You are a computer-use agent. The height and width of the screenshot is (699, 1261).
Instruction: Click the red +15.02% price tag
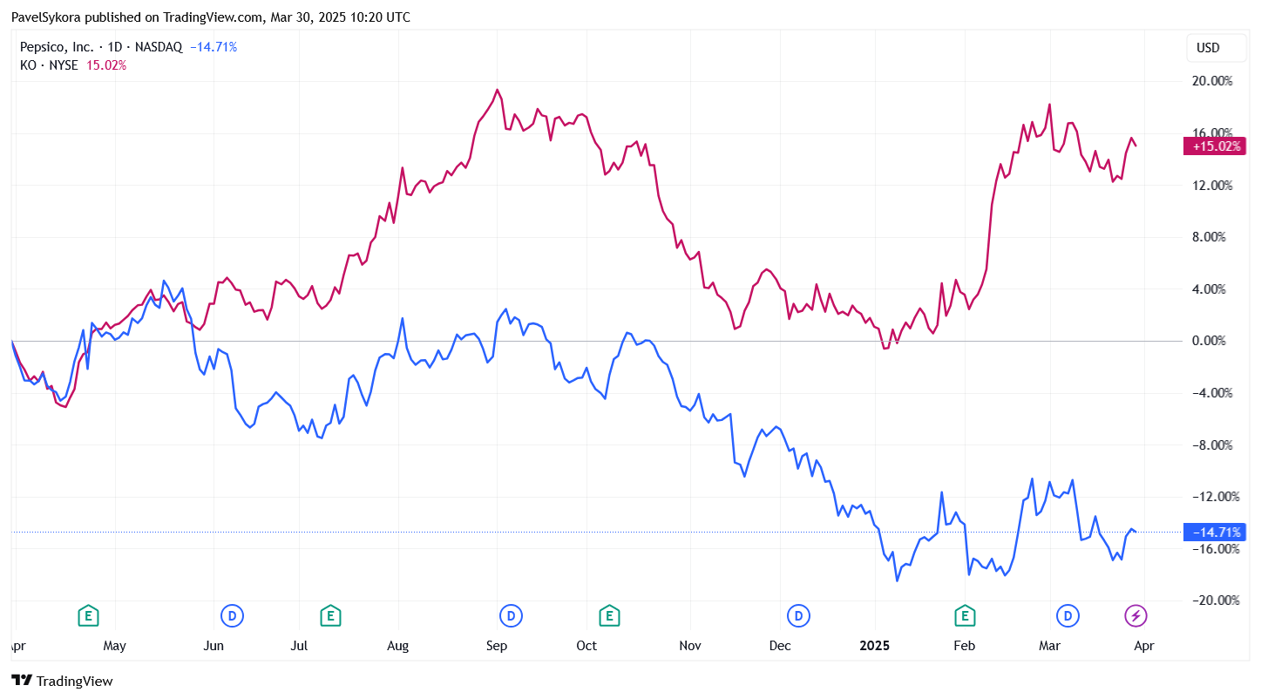tap(1214, 146)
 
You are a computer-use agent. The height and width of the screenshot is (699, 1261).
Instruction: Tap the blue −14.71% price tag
tap(1214, 532)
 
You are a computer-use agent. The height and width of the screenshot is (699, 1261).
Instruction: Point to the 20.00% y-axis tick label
tap(1212, 81)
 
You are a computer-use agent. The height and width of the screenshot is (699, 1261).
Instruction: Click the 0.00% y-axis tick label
tap(1210, 341)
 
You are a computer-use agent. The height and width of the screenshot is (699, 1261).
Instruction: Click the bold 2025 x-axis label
tap(874, 646)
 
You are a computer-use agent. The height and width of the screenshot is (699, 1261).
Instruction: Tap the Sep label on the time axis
tap(497, 646)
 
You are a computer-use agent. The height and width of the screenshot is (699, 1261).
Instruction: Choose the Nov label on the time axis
tap(689, 646)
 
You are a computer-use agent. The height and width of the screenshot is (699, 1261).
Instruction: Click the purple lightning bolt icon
tap(1136, 615)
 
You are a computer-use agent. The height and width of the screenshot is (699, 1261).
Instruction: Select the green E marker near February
tap(965, 615)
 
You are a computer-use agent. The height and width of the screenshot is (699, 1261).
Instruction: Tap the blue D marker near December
tap(798, 615)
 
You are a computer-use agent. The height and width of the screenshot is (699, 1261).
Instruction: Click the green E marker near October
tap(609, 615)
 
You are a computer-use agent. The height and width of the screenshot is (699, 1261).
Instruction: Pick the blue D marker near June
tap(232, 615)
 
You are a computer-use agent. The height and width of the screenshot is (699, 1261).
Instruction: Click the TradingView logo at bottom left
tap(62, 681)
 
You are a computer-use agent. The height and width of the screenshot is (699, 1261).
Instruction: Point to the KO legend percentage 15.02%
tap(106, 65)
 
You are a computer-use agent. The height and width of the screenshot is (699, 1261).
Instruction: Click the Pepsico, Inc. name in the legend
tap(57, 47)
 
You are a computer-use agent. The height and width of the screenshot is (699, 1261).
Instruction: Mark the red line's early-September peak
tap(497, 90)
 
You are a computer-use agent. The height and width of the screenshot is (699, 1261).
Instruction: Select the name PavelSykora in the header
tap(46, 17)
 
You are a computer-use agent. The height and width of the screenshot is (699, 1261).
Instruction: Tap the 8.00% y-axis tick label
tap(1210, 237)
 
